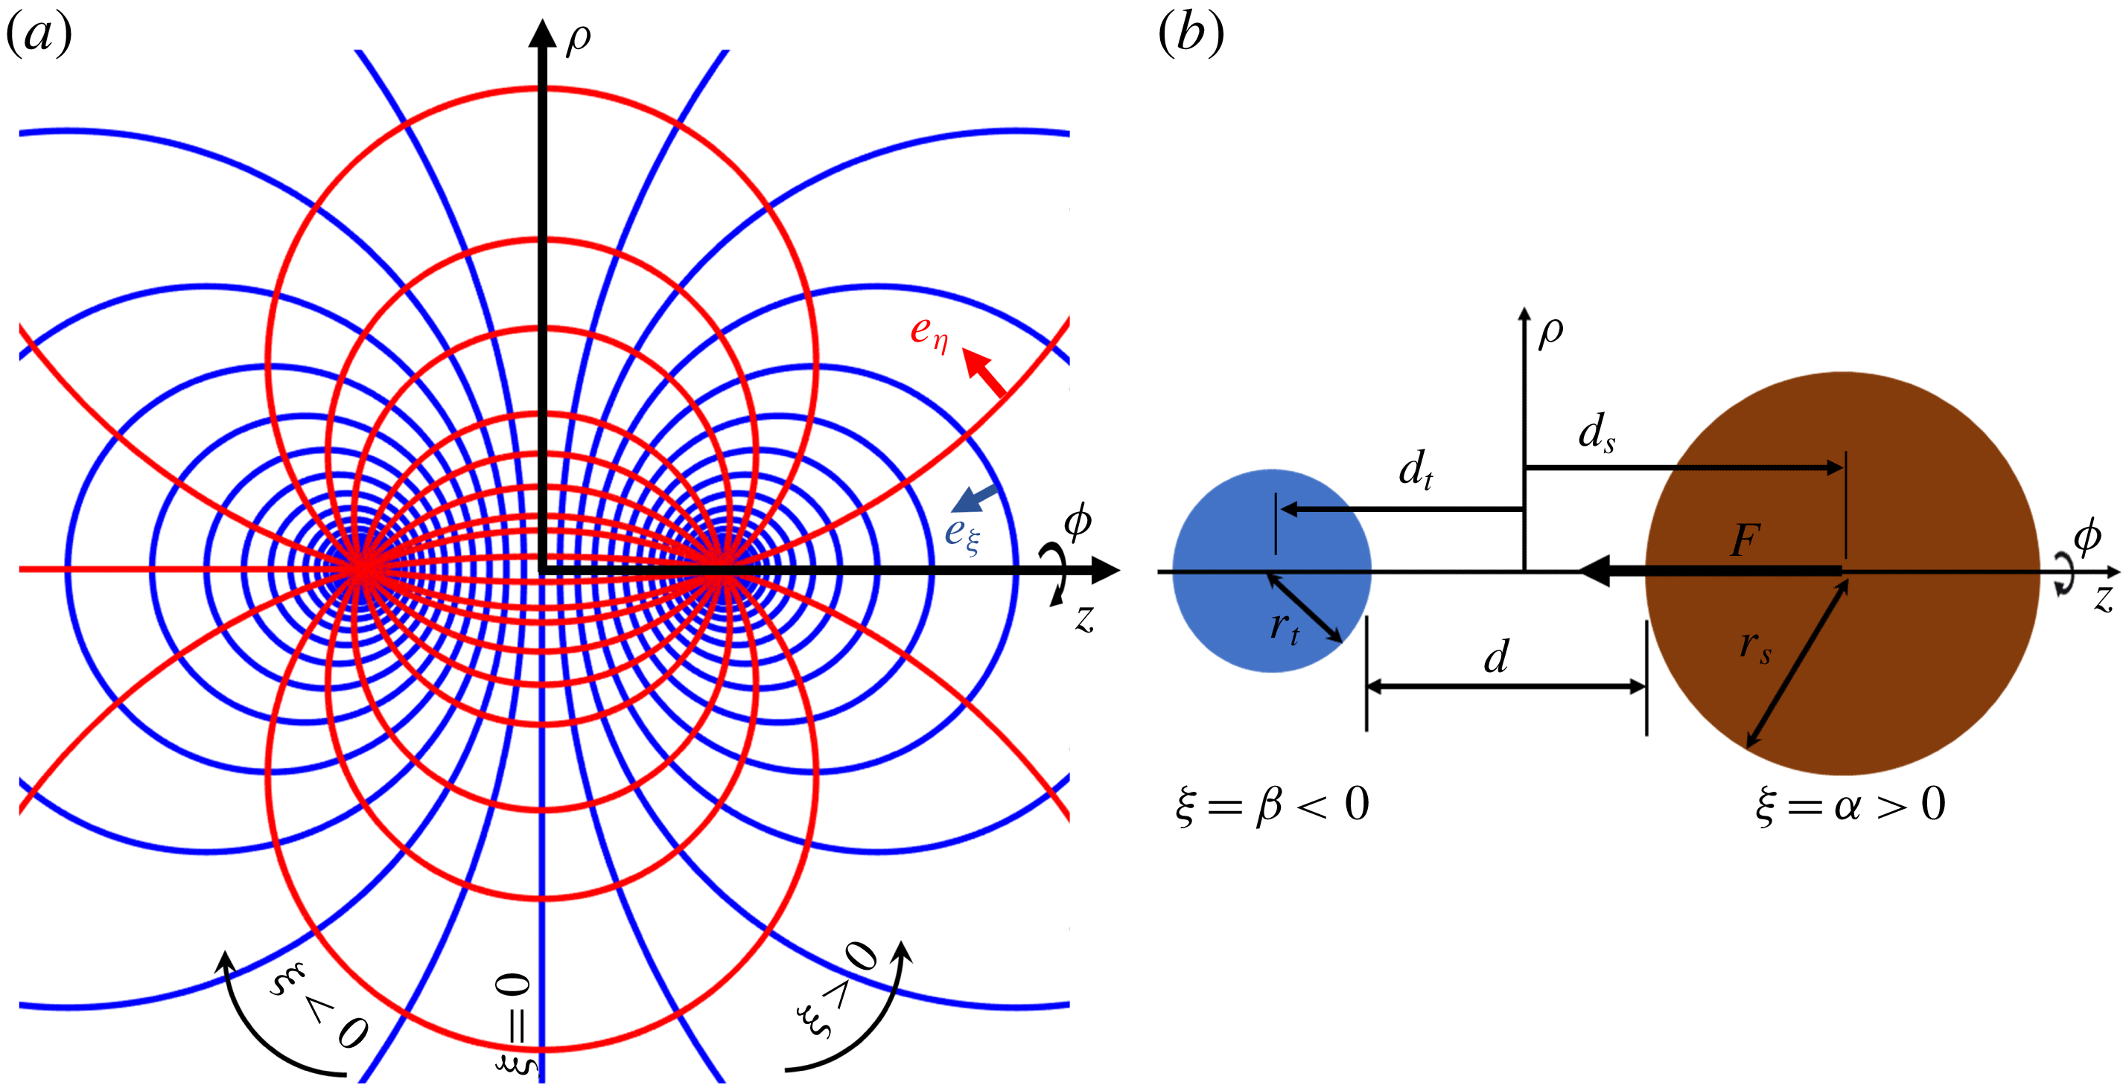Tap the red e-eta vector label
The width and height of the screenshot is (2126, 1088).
tap(929, 333)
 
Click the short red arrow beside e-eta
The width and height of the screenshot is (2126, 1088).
tap(984, 373)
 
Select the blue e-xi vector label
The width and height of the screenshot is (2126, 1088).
tap(962, 534)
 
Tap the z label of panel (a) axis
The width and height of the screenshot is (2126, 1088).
tap(1085, 617)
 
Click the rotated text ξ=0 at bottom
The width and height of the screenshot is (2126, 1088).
tap(515, 1025)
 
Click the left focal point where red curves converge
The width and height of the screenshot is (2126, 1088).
tap(360, 569)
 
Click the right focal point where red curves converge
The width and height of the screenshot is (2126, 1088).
tap(724, 569)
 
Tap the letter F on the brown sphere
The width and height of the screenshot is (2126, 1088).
tap(1745, 541)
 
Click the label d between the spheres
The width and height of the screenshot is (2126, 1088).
tap(1496, 657)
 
